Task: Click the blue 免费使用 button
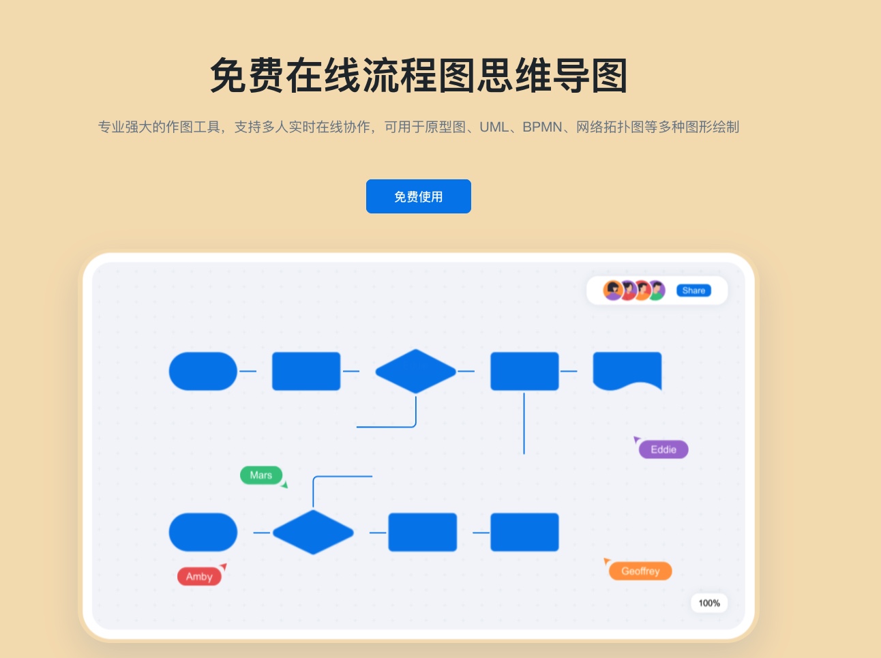click(418, 196)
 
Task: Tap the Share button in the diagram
click(693, 290)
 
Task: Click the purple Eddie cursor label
click(663, 449)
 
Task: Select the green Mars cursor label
click(261, 475)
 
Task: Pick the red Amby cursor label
click(199, 576)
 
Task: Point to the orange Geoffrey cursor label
click(640, 571)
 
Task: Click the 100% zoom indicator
click(709, 603)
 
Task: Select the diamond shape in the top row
click(415, 372)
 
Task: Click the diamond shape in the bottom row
click(313, 532)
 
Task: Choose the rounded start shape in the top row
click(203, 372)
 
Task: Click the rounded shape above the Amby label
click(203, 532)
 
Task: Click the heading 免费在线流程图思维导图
click(418, 75)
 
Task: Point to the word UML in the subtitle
click(493, 127)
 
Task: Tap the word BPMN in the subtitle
click(542, 127)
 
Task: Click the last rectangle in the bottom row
click(524, 532)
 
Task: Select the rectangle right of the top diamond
click(524, 372)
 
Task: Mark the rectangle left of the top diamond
click(306, 372)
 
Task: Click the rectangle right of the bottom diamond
click(422, 532)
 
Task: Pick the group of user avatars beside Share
click(633, 290)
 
